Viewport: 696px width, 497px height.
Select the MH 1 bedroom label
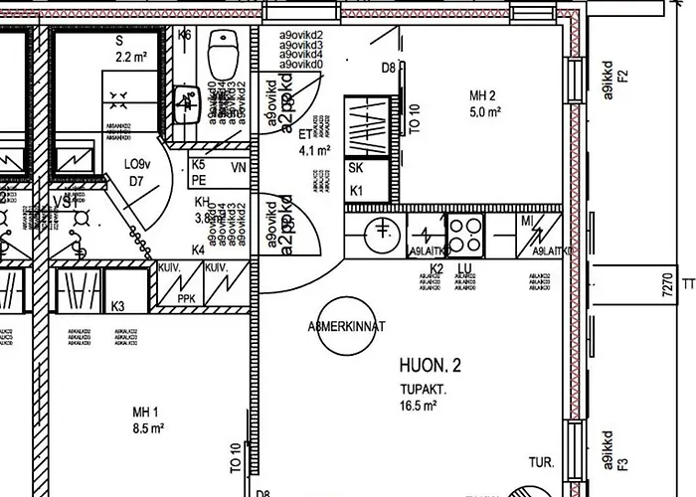click(x=147, y=413)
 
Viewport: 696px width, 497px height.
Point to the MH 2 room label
click(x=484, y=95)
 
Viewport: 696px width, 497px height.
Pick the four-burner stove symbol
click(x=464, y=234)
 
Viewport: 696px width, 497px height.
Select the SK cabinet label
click(x=355, y=169)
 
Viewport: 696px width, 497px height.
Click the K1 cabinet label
click(x=355, y=190)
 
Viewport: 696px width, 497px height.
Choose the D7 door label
click(x=136, y=182)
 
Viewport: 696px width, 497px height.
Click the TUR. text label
click(x=542, y=462)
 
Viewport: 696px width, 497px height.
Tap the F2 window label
click(x=623, y=77)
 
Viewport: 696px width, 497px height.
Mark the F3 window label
click(x=623, y=462)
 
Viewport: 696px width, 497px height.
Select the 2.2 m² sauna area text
click(x=131, y=58)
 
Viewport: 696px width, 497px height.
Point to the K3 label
click(x=118, y=306)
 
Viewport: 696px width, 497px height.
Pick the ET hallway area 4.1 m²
click(x=314, y=151)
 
